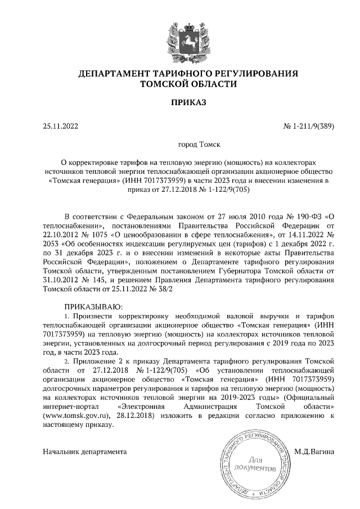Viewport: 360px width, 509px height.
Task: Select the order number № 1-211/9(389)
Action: pos(308,126)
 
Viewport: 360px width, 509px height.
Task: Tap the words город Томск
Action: pos(199,145)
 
